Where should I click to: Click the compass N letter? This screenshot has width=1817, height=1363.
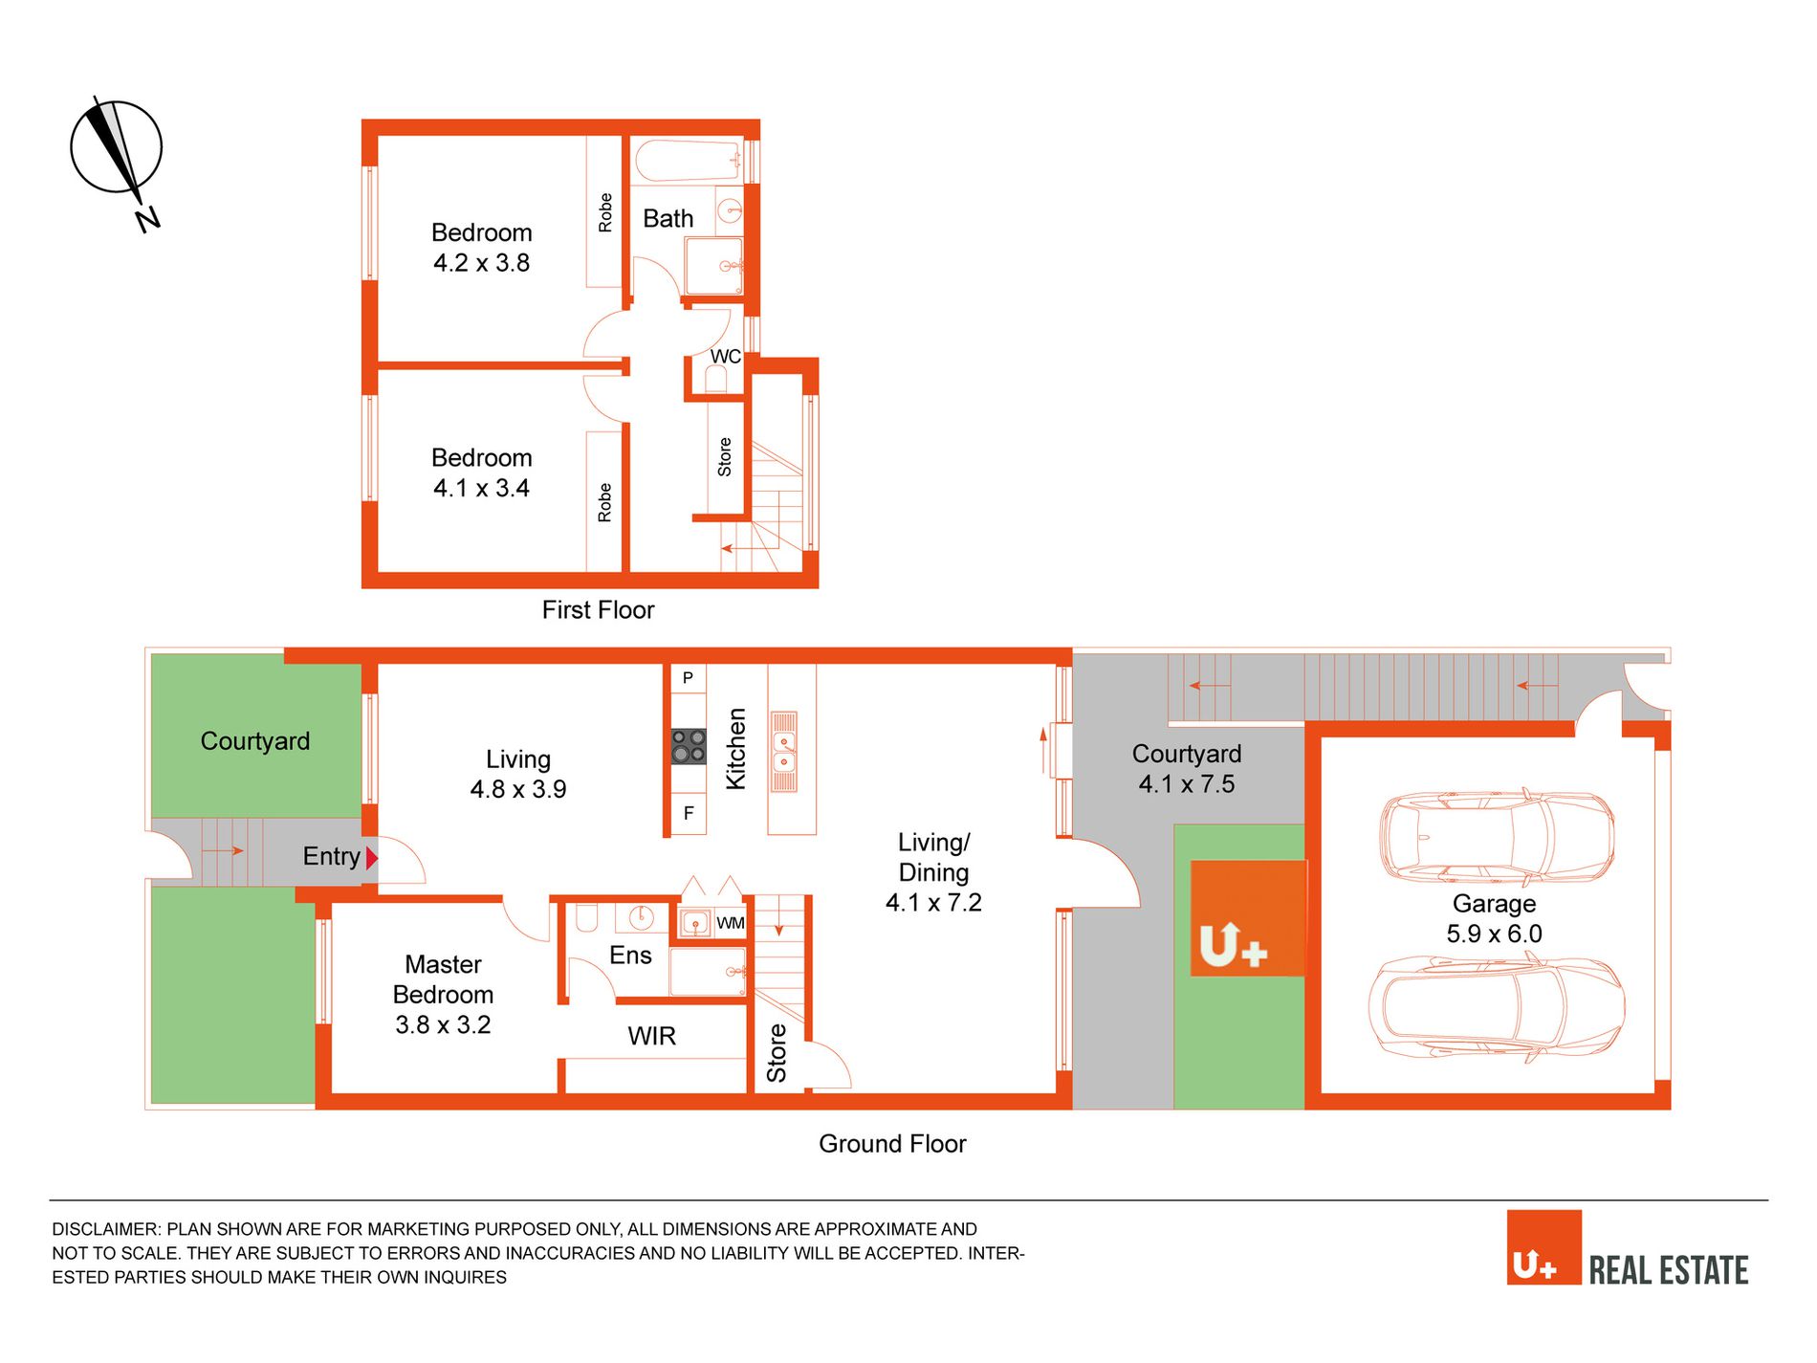coord(147,220)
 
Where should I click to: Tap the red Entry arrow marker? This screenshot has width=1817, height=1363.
coord(372,858)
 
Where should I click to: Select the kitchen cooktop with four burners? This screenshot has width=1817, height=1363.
coord(689,746)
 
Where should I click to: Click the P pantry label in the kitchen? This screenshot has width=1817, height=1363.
coord(688,678)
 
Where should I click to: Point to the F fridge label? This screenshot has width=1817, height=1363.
coord(689,814)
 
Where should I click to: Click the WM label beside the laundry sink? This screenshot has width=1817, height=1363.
coord(731,923)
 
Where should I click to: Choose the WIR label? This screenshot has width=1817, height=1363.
coord(652,1036)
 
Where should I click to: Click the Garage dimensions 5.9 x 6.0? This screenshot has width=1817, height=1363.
coord(1494,934)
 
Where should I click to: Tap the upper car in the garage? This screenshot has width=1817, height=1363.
coord(1497,836)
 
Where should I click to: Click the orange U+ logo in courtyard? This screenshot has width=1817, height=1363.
coord(1248,918)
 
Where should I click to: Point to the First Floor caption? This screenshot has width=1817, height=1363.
coord(598,610)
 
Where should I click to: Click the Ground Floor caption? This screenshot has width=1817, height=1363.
coord(892,1144)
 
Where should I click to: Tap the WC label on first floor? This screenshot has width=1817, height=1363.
coord(725,357)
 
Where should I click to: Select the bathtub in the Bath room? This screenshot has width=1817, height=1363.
coord(689,161)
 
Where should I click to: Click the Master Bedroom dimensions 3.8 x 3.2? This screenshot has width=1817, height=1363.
coord(443,1024)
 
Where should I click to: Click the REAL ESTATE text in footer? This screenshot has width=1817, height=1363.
coord(1669,1270)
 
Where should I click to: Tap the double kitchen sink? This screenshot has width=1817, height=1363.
coord(784,752)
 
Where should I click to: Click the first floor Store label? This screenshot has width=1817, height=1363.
coord(725,457)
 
